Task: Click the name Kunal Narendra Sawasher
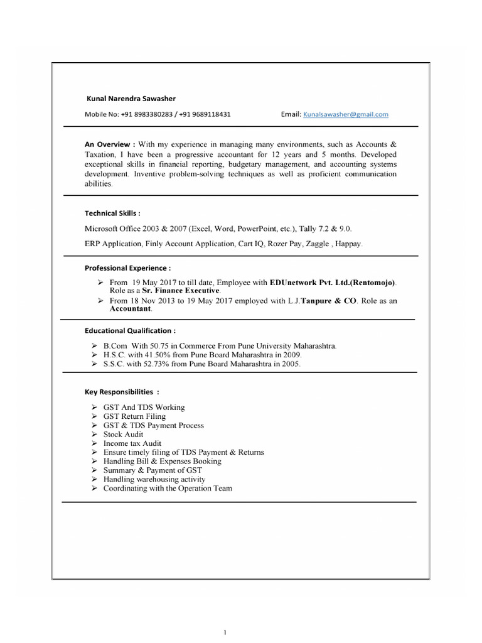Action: [131, 99]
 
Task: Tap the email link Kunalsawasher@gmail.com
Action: [346, 114]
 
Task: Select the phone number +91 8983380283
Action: [145, 115]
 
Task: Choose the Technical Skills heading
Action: [112, 213]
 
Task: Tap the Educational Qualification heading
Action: [130, 330]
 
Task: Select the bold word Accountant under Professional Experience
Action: [131, 310]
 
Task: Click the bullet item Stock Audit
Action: [123, 434]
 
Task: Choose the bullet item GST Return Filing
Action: [134, 416]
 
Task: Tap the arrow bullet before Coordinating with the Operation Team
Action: [93, 488]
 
